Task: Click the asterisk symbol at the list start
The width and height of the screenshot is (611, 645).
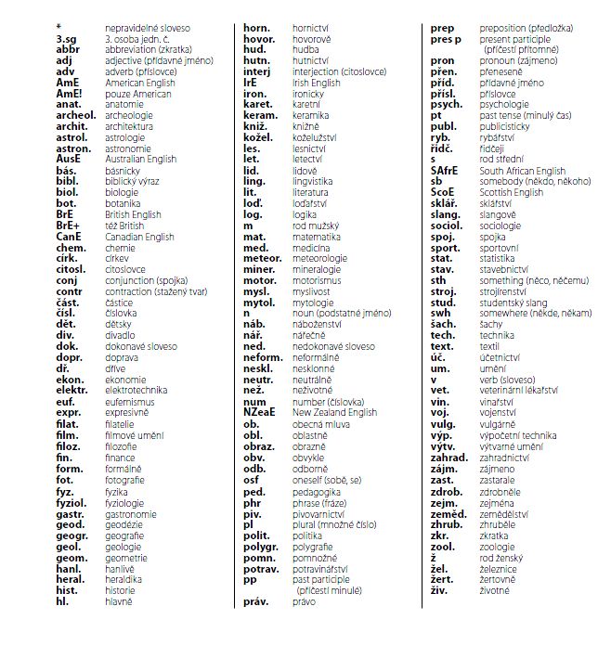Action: (x=58, y=28)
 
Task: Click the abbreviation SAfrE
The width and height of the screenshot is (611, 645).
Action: (x=450, y=171)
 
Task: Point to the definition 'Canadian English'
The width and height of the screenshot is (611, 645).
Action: (x=139, y=237)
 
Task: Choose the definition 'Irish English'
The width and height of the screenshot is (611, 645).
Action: (x=316, y=83)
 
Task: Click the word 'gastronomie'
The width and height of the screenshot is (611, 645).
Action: (x=131, y=513)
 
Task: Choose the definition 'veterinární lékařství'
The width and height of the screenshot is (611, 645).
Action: (x=521, y=390)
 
